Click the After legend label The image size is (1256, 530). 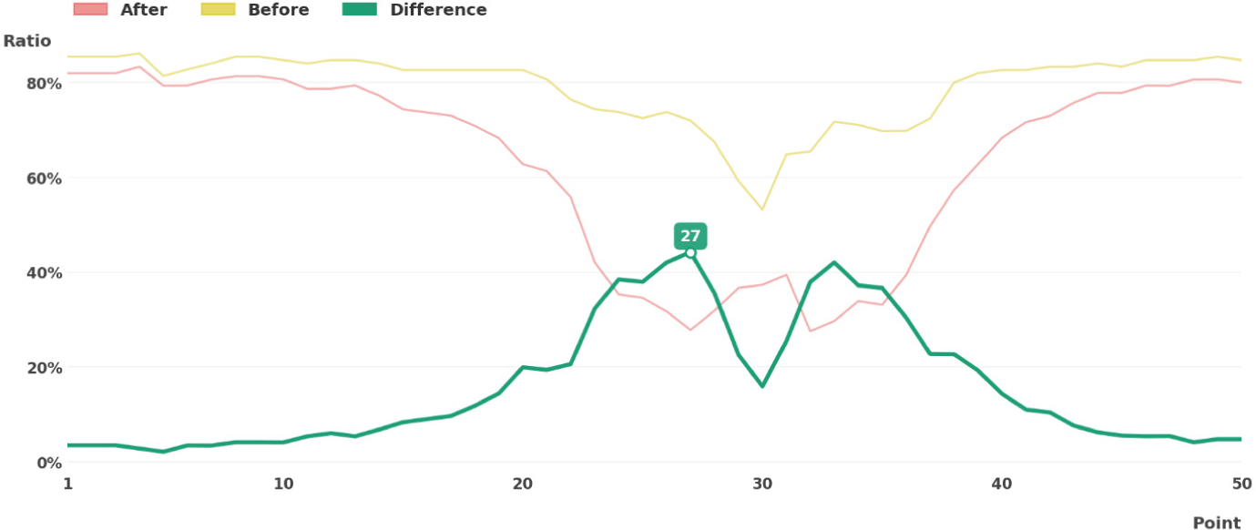pyautogui.click(x=144, y=9)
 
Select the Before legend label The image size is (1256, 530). pyautogui.click(x=278, y=9)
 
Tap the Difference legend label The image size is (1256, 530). pyautogui.click(x=438, y=9)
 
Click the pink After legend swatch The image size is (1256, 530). pyautogui.click(x=91, y=9)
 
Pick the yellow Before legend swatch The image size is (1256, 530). pyautogui.click(x=218, y=9)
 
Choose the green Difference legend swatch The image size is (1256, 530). pyautogui.click(x=360, y=9)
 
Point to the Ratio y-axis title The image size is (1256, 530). pyautogui.click(x=27, y=41)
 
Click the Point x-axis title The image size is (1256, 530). pyautogui.click(x=1217, y=523)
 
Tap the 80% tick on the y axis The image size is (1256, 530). pyautogui.click(x=44, y=84)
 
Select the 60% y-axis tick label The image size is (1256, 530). pyautogui.click(x=44, y=178)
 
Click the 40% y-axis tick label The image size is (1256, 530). pyautogui.click(x=44, y=273)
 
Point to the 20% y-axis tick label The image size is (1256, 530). pyautogui.click(x=44, y=368)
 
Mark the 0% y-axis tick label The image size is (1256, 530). pyautogui.click(x=49, y=464)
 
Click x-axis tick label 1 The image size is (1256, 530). pyautogui.click(x=67, y=484)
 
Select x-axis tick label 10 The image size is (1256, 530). pyautogui.click(x=284, y=484)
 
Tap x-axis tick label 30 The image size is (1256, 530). pyautogui.click(x=762, y=484)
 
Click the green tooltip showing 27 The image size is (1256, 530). pyautogui.click(x=690, y=236)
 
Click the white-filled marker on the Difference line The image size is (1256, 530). pyautogui.click(x=690, y=253)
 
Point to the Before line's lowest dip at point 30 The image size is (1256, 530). pyautogui.click(x=762, y=209)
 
